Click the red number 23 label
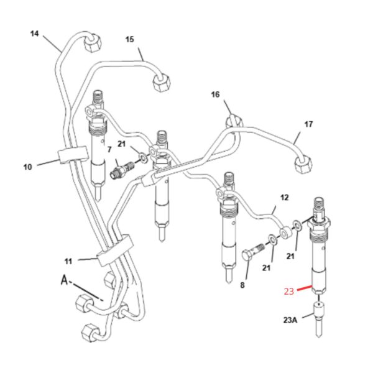(289, 291)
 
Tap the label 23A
(290, 320)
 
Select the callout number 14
(34, 34)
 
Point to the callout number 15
(130, 39)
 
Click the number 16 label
(216, 94)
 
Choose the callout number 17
(308, 124)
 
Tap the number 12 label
(285, 198)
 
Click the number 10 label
(27, 167)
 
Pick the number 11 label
(68, 262)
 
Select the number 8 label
(242, 285)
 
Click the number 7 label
(109, 149)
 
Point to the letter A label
(64, 280)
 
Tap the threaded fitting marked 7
(122, 169)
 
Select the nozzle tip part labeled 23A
(318, 318)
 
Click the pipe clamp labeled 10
(73, 155)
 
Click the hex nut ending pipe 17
(303, 164)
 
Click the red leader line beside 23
(304, 288)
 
